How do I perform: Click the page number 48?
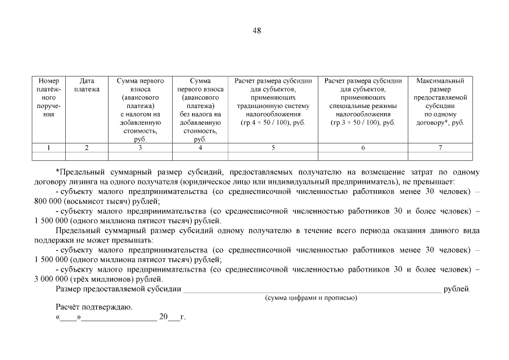tap(256, 30)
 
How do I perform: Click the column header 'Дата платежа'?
tap(87, 85)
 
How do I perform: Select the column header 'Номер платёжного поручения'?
tap(49, 97)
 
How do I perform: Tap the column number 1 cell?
tap(49, 148)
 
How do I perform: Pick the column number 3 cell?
tap(140, 148)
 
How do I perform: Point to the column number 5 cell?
tap(273, 148)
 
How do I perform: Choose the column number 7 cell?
tap(440, 148)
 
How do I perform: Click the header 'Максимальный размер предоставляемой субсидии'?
tap(440, 101)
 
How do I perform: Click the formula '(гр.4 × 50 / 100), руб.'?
tap(273, 123)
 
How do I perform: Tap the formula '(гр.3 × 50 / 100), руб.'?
tap(363, 123)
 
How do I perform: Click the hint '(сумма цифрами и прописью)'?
tap(311, 298)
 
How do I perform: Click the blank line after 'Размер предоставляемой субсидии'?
tap(312, 289)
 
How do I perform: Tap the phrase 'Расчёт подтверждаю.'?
tap(94, 307)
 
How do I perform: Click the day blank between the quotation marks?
tap(68, 317)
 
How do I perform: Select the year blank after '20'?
tap(174, 317)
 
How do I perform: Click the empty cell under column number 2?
tap(87, 156)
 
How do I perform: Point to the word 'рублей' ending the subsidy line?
tap(456, 289)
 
